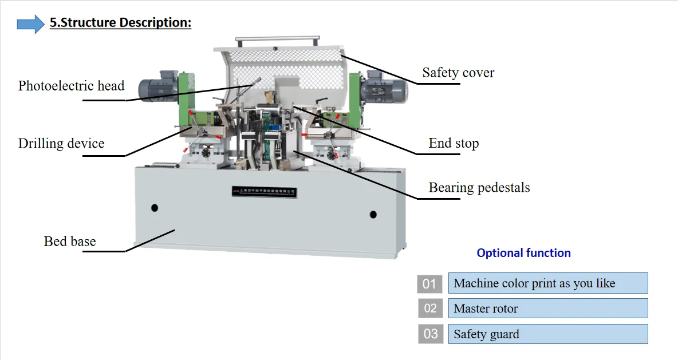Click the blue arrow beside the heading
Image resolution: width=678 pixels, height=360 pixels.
pyautogui.click(x=30, y=24)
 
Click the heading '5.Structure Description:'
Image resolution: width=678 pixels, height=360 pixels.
pyautogui.click(x=120, y=23)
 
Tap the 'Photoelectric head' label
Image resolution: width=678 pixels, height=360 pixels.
pyautogui.click(x=71, y=86)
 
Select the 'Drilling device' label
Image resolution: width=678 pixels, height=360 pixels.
pyautogui.click(x=61, y=143)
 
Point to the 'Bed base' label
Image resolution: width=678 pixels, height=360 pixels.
pyautogui.click(x=70, y=241)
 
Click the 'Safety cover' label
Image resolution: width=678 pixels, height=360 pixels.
pyautogui.click(x=458, y=73)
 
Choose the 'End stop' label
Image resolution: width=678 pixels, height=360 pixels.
pyautogui.click(x=454, y=143)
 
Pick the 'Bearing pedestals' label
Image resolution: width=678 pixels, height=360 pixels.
pyautogui.click(x=479, y=187)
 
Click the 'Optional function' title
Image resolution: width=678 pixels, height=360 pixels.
pyautogui.click(x=523, y=253)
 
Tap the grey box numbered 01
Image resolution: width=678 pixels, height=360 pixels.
pyautogui.click(x=429, y=284)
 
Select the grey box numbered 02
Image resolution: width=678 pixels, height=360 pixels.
pyautogui.click(x=429, y=308)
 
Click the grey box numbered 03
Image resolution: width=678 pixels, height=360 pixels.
pyautogui.click(x=429, y=334)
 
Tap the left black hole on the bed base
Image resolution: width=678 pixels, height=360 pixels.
pyautogui.click(x=154, y=208)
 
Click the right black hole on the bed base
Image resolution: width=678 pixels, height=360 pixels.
pyautogui.click(x=373, y=215)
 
